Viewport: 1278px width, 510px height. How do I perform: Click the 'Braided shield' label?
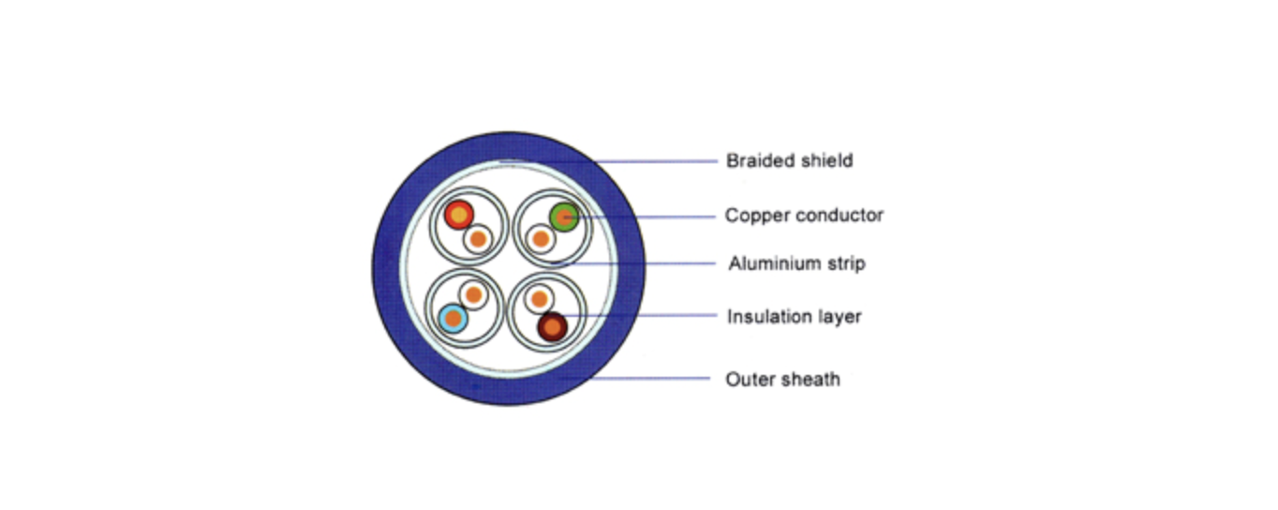click(x=790, y=160)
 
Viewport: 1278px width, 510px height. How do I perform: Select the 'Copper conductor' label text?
click(x=804, y=216)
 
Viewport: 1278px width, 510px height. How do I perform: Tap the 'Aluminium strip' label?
click(x=797, y=263)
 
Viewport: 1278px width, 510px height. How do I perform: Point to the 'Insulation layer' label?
click(x=795, y=316)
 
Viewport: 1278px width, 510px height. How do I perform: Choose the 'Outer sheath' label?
click(x=782, y=379)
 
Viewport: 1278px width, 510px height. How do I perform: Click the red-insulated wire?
click(x=459, y=215)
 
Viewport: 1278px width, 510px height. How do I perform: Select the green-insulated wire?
click(x=564, y=217)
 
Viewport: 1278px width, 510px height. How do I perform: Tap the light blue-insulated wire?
click(x=453, y=319)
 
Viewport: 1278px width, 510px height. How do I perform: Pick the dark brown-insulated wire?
click(x=552, y=327)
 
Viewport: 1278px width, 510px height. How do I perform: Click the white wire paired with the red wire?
click(x=478, y=239)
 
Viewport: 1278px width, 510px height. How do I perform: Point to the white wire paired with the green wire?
click(x=541, y=239)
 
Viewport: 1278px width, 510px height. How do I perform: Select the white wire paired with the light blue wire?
click(x=473, y=294)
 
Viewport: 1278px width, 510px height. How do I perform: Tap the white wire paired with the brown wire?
click(x=539, y=299)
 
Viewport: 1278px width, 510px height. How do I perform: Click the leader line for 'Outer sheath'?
click(x=634, y=378)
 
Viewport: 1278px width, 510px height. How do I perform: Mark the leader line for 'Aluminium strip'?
click(x=633, y=263)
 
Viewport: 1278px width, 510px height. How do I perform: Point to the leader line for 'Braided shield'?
click(x=608, y=161)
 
